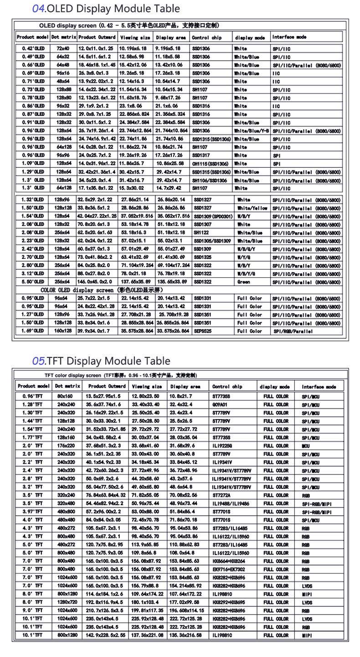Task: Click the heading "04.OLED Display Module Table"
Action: tap(106, 8)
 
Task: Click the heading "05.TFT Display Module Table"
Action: tap(101, 361)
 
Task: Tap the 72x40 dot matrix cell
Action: tap(63, 48)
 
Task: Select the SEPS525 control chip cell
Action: tap(203, 331)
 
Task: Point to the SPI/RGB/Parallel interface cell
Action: tap(293, 331)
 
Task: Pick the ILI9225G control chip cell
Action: tap(222, 445)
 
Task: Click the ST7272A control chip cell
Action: tap(221, 495)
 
